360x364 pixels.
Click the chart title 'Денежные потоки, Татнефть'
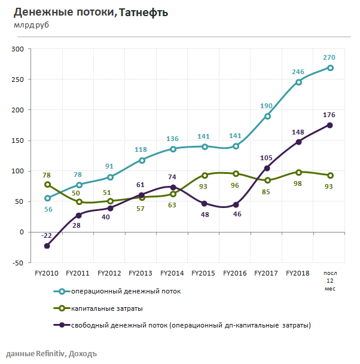point(91,12)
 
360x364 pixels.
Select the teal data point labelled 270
point(330,68)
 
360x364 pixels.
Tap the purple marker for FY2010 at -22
point(47,246)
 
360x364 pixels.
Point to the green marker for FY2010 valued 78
point(47,185)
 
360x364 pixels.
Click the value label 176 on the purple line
point(329,114)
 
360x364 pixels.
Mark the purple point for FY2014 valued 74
point(173,187)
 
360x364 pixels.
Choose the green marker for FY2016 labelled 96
point(236,174)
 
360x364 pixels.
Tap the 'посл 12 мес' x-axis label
point(330,280)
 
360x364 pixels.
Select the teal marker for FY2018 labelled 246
point(298,82)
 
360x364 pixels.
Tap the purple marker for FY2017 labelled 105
point(267,168)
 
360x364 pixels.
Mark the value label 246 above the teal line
point(298,72)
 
